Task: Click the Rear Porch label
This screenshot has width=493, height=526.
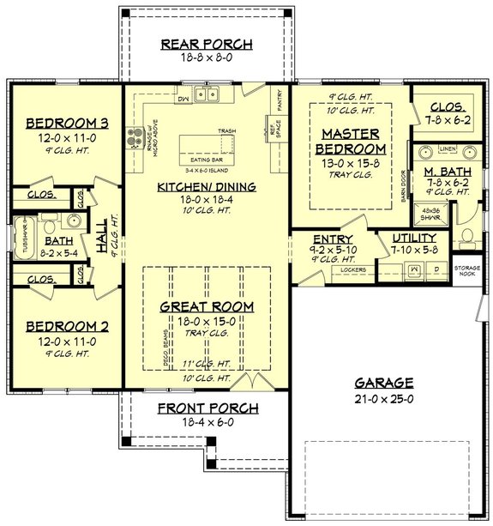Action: (x=206, y=45)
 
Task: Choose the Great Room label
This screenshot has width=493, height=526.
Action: (x=206, y=305)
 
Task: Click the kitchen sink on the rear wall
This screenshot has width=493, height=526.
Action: (x=206, y=95)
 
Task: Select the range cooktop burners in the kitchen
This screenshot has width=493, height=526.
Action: (x=135, y=136)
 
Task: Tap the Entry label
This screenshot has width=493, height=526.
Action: (x=329, y=239)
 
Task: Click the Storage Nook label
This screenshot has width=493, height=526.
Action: (x=467, y=272)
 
